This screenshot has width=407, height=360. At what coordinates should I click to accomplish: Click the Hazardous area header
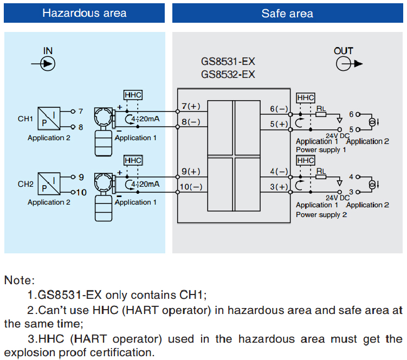85,13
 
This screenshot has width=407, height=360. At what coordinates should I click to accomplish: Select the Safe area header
287,13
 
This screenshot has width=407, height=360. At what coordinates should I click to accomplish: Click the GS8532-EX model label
228,75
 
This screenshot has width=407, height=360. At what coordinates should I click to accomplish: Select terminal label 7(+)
191,106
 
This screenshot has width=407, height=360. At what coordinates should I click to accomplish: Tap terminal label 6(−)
279,109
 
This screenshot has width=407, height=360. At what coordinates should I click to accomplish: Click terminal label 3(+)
279,187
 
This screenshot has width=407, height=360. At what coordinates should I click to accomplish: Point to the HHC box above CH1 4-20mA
133,95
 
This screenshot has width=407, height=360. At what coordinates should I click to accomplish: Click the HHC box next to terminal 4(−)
306,161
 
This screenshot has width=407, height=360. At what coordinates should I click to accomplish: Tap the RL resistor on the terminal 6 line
321,114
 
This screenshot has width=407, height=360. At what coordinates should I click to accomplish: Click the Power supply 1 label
321,149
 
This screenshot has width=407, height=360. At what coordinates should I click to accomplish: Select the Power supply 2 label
321,215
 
